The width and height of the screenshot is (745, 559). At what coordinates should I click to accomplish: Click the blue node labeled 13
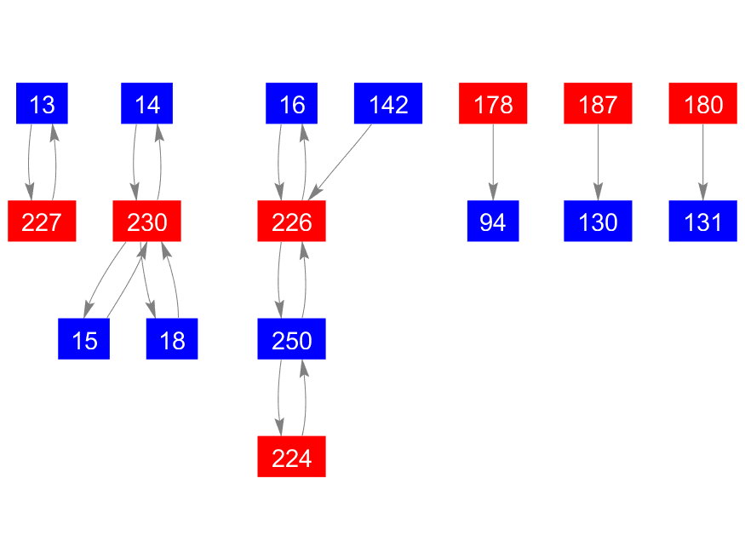42,104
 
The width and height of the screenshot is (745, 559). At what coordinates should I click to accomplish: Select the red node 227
42,222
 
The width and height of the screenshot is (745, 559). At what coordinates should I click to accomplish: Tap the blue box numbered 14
146,104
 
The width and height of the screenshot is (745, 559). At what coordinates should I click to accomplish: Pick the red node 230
146,222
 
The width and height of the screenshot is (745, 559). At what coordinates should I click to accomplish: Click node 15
83,339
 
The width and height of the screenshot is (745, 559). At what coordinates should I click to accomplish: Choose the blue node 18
171,339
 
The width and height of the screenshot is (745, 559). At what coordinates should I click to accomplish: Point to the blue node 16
291,104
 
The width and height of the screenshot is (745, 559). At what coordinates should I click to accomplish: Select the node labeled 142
388,104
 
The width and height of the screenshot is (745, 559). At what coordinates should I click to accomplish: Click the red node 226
291,222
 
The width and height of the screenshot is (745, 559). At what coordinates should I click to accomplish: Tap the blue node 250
291,339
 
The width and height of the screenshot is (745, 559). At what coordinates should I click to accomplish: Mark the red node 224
291,457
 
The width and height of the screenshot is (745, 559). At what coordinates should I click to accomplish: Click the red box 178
493,104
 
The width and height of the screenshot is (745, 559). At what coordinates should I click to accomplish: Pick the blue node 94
493,222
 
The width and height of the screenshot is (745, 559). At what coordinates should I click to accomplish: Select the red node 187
598,104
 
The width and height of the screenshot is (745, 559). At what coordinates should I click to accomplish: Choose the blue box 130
598,222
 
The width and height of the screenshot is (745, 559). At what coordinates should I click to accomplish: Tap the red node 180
702,104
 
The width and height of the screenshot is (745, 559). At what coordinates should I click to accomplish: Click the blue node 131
702,222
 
